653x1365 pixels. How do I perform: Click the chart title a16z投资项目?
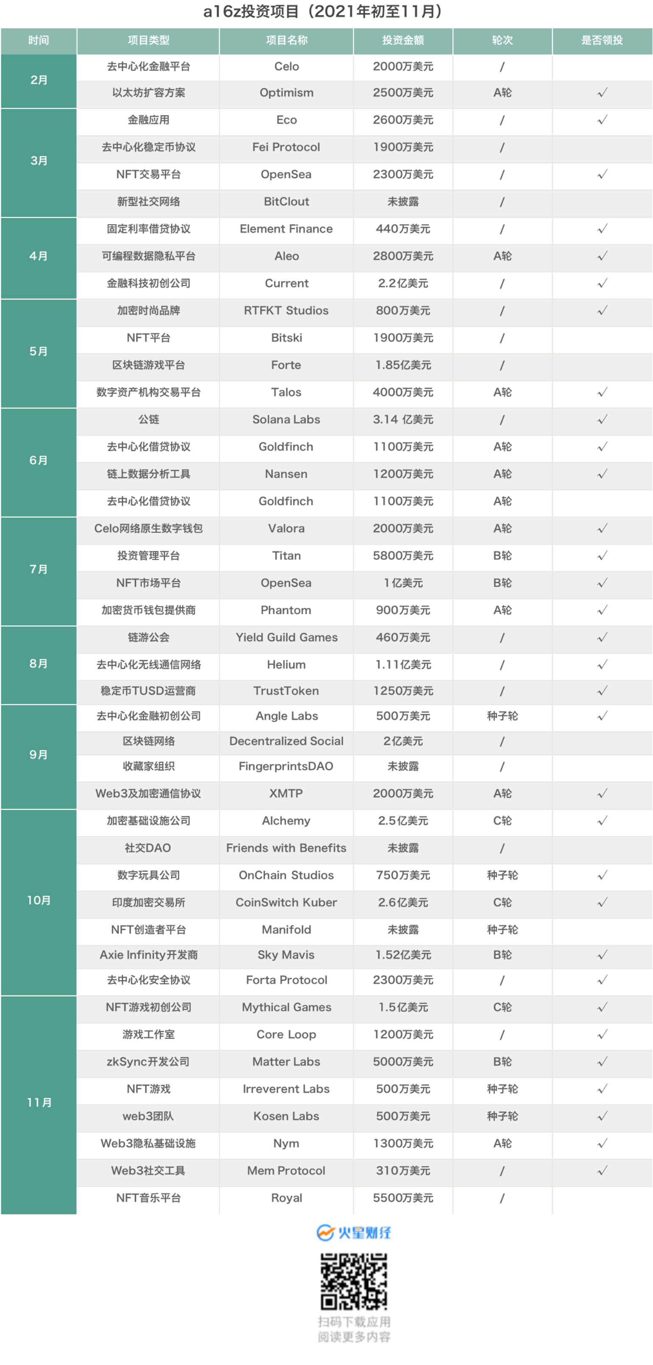(x=323, y=11)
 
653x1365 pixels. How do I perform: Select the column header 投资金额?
(x=402, y=40)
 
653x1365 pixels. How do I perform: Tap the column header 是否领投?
(x=602, y=40)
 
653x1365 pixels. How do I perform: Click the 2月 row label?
(x=39, y=80)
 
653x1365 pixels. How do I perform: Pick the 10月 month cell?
(x=39, y=900)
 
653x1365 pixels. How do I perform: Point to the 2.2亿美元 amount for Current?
(x=402, y=283)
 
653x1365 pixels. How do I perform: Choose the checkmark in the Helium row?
(x=602, y=664)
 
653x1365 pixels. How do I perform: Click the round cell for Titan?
(x=502, y=556)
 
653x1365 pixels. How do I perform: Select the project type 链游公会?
(x=148, y=637)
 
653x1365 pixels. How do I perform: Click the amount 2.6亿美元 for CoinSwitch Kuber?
(x=402, y=903)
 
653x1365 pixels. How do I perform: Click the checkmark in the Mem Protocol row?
(x=602, y=1171)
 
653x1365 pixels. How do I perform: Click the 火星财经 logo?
(x=353, y=1233)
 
